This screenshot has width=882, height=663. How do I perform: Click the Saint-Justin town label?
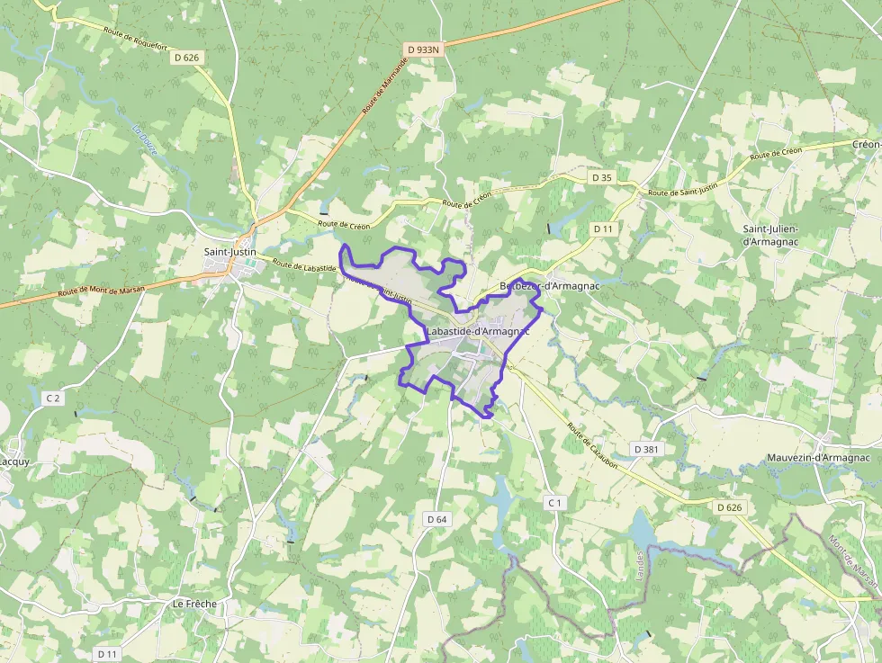pos(230,253)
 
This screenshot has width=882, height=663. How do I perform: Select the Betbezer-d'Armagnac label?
pos(549,286)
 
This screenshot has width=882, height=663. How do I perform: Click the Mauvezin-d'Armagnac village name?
pos(818,458)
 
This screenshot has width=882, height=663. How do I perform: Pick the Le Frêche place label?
pos(194,604)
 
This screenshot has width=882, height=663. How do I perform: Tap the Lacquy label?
pos(13,461)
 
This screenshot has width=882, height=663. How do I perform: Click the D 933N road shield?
pos(424,49)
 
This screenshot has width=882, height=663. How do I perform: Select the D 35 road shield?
pos(602,178)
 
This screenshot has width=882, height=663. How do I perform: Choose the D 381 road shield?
pos(646,449)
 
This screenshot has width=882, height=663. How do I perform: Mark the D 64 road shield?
pos(436,519)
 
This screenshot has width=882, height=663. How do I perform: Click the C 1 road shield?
pos(554,502)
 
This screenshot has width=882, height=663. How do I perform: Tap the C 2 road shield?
pos(53,398)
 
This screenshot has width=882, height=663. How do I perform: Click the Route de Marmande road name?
pos(384,85)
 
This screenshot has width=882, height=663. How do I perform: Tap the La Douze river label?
pos(144,141)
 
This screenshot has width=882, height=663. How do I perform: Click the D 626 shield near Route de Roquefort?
pos(186,58)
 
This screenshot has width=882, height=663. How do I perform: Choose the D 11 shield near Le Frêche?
pos(107,653)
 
